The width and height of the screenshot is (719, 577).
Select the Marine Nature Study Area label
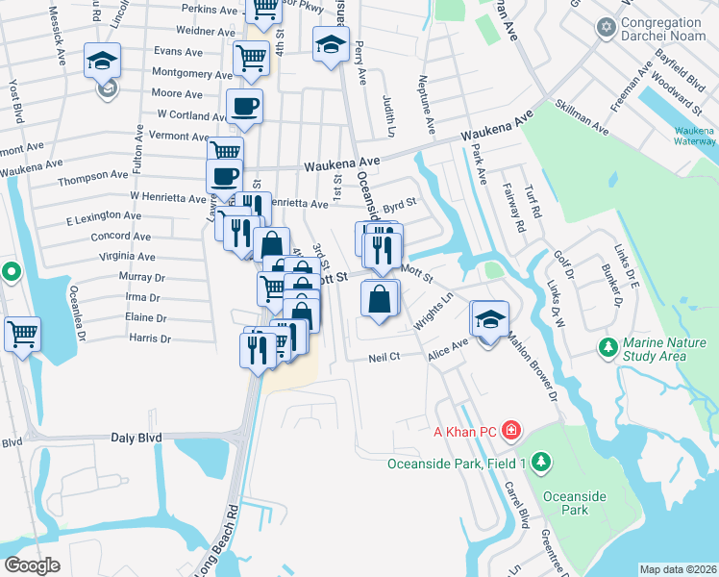coord(667,349)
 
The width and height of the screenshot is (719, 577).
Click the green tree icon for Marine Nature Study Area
coord(607,345)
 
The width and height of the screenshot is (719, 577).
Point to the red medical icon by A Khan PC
coord(511,430)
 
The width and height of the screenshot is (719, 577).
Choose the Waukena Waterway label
coord(693,136)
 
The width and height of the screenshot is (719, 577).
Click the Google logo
coord(32,564)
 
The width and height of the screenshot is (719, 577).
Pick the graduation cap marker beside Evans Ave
coord(102,60)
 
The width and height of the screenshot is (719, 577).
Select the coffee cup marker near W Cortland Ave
coord(244,106)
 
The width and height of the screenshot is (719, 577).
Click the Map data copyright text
coord(679,569)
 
